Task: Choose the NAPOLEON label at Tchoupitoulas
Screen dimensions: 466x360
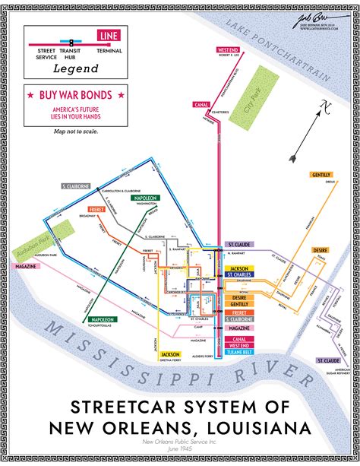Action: (101, 319)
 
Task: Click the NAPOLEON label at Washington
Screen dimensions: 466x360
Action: (146, 198)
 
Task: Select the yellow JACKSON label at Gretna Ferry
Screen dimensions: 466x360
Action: (169, 354)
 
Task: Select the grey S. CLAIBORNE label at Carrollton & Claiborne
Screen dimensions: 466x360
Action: (77, 185)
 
